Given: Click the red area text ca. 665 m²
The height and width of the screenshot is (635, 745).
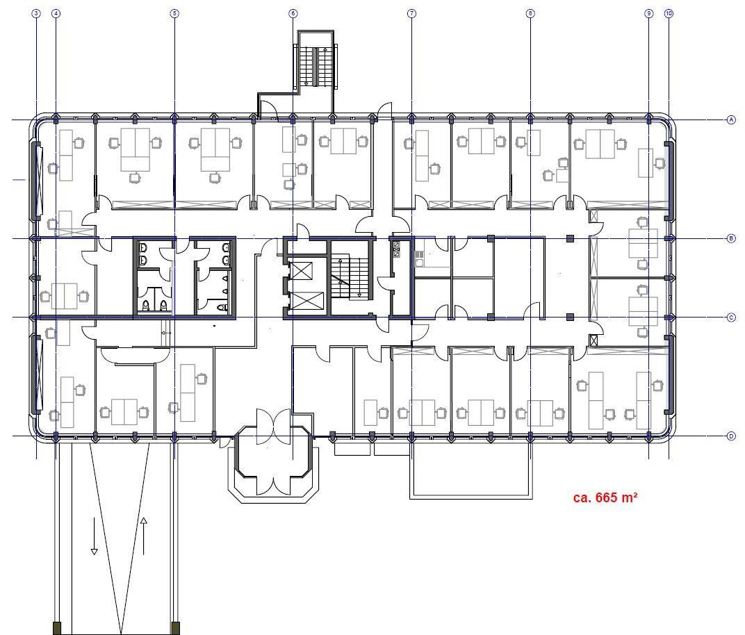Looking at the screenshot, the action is (x=605, y=497).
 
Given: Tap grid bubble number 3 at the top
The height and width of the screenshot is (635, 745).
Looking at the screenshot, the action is (x=36, y=13).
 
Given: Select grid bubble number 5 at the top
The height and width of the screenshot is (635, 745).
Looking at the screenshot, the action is (x=174, y=13).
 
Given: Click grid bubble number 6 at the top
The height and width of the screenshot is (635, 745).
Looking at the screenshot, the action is (x=293, y=13).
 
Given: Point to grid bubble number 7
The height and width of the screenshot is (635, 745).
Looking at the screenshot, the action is (x=411, y=13).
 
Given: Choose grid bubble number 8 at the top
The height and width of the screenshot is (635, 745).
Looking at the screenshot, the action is (x=530, y=13).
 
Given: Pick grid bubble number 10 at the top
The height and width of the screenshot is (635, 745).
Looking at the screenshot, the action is (x=669, y=13).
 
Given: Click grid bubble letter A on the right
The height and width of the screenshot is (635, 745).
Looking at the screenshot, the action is (x=731, y=119).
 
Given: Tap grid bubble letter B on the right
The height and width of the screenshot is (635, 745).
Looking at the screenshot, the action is (x=731, y=238).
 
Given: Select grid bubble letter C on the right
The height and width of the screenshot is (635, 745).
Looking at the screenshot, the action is (x=731, y=317).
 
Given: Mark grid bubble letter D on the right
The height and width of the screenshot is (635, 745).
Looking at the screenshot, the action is (x=731, y=436).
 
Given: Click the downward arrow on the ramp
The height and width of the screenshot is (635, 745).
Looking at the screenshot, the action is (x=94, y=536).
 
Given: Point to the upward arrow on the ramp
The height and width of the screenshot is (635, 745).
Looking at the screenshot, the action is (x=143, y=536).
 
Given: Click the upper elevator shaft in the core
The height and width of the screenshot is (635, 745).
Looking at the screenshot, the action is (x=300, y=270).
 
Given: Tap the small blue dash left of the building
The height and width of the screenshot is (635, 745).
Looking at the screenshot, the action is (x=19, y=179).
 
